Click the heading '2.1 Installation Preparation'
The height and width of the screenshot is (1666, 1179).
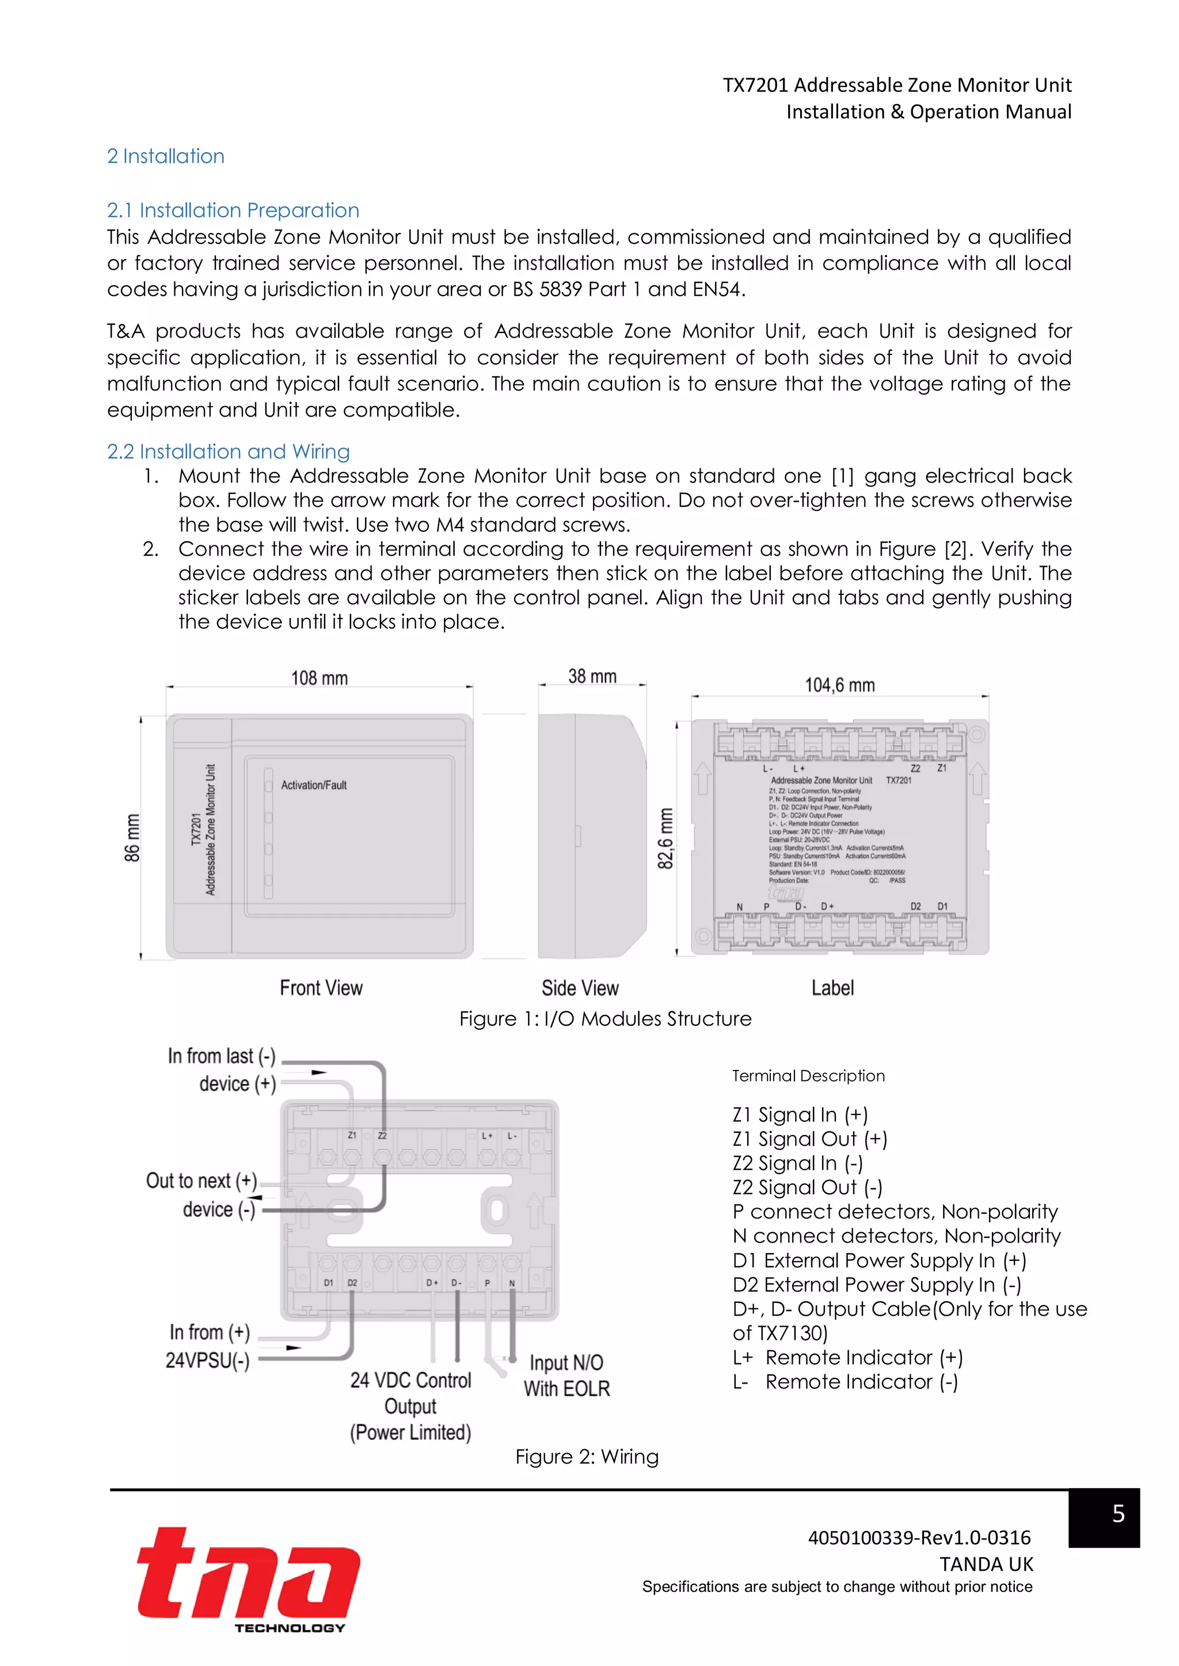click(x=233, y=211)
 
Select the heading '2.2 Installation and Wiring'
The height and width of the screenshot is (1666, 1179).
click(x=228, y=452)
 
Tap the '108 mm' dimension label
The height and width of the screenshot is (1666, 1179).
click(x=320, y=678)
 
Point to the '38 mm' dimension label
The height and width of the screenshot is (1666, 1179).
click(x=592, y=677)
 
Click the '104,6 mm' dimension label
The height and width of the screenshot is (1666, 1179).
click(x=840, y=685)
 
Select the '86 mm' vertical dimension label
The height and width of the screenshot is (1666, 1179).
click(x=132, y=838)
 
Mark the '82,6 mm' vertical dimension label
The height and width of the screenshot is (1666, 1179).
click(x=665, y=838)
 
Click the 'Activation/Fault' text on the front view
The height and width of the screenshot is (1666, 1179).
click(x=314, y=785)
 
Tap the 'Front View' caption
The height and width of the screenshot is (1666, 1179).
click(x=321, y=988)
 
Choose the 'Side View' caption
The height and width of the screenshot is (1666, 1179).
click(x=580, y=988)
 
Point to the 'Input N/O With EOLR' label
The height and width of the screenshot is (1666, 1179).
click(x=567, y=1375)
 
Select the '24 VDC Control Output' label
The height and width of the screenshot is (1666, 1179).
click(x=411, y=1393)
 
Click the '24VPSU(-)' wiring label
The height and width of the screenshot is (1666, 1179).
click(x=208, y=1361)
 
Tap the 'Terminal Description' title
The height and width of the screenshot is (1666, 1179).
click(x=808, y=1076)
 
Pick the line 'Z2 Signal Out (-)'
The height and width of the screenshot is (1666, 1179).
click(x=807, y=1188)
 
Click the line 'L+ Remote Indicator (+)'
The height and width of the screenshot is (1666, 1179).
click(x=847, y=1358)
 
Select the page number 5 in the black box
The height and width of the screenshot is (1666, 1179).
click(x=1118, y=1514)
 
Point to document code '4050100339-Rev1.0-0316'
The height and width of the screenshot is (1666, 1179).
click(x=919, y=1538)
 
